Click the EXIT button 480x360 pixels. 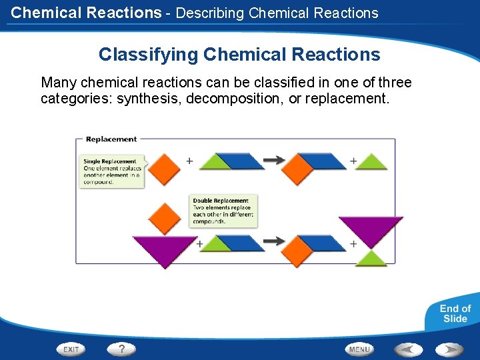71,349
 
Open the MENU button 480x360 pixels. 359,349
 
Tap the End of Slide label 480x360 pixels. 455,313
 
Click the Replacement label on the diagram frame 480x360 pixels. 111,139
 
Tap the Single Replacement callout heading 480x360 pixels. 110,161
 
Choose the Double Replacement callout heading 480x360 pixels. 221,201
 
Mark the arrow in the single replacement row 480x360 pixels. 273,160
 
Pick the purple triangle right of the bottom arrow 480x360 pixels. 371,229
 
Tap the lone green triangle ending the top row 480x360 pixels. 372,163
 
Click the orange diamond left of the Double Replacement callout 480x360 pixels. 165,217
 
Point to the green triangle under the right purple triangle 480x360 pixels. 371,259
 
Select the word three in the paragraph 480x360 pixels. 395,83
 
